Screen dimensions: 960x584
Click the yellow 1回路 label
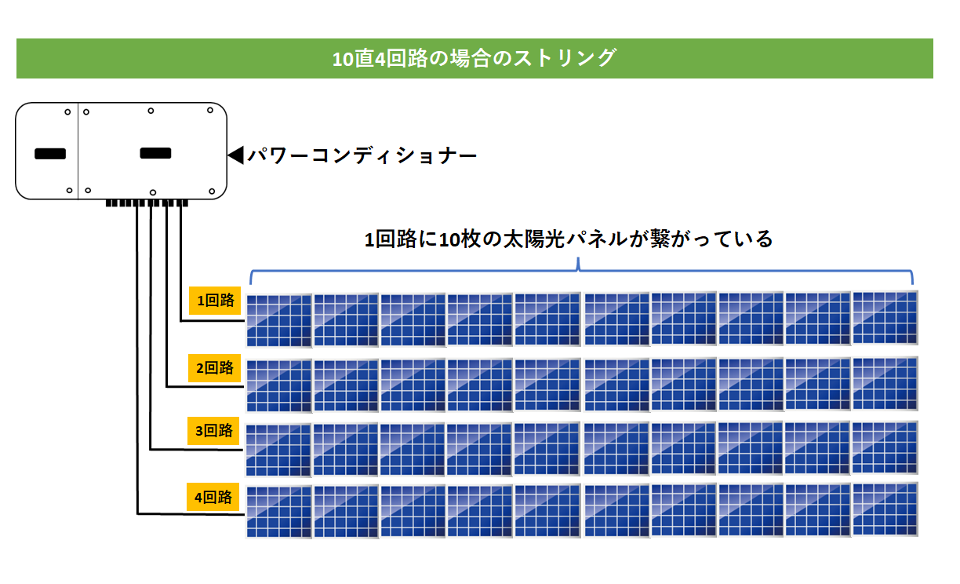point(215,300)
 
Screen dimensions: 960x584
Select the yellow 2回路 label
point(214,368)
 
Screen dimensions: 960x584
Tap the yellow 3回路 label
point(213,430)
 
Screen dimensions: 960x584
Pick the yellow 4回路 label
point(213,497)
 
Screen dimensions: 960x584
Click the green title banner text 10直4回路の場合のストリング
point(475,58)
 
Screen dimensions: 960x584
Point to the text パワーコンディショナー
point(362,155)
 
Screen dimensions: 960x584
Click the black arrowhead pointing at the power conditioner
point(236,155)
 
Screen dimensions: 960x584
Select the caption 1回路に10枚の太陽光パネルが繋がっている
point(569,239)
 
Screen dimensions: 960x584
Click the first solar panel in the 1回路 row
point(279,320)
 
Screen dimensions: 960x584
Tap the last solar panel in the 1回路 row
point(885,317)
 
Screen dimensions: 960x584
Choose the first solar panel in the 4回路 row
point(279,512)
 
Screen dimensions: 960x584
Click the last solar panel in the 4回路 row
point(885,509)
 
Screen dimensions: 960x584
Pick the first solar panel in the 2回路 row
point(279,386)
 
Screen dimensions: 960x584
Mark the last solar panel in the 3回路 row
point(885,447)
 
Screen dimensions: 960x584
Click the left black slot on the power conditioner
point(50,154)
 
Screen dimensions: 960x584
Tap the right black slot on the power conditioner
point(155,153)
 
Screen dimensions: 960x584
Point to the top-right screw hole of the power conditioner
point(210,110)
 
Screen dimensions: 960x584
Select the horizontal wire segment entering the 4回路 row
point(191,513)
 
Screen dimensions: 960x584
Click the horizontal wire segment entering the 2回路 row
point(205,387)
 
